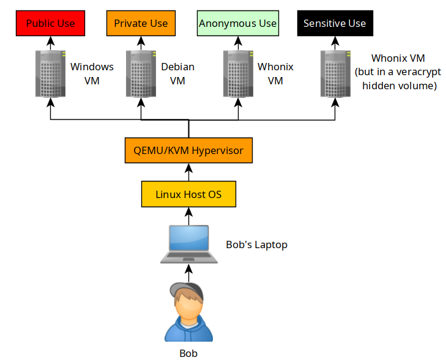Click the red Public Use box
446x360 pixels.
[50, 23]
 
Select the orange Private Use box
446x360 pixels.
[141, 23]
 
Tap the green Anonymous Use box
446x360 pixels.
[238, 23]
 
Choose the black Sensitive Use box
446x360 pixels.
[335, 23]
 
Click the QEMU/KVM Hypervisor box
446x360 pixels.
[188, 150]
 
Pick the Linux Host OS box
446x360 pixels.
[188, 194]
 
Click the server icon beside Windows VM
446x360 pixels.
[50, 73]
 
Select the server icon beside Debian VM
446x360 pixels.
[141, 73]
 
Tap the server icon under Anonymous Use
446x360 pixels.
[238, 73]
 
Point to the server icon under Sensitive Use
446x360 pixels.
[335, 73]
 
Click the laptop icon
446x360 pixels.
[189, 244]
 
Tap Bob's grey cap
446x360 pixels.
[187, 290]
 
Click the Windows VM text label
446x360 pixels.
[92, 73]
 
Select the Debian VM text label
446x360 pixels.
[178, 73]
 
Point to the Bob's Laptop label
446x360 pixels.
[256, 244]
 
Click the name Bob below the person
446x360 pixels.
[188, 353]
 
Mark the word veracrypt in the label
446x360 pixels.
[418, 72]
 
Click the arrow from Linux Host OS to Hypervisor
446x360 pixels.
[188, 172]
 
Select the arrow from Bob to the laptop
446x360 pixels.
[188, 273]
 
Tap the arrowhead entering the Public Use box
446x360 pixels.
[50, 40]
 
